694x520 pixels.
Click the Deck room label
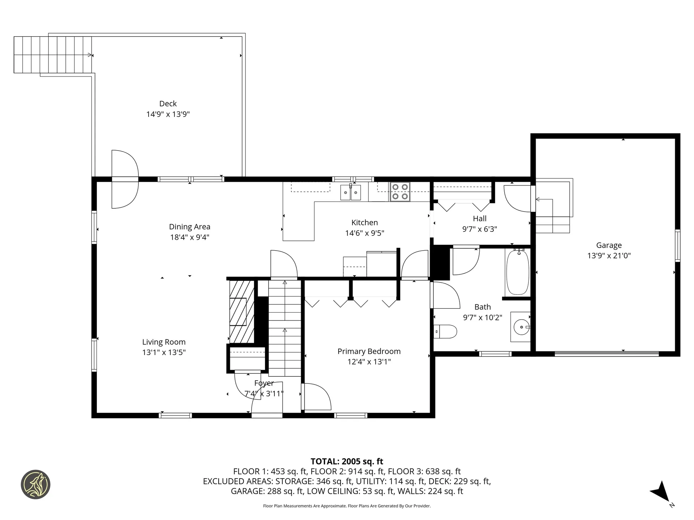point(168,104)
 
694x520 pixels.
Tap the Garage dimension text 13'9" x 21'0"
point(609,256)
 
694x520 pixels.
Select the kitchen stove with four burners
point(400,192)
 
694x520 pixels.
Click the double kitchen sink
point(351,192)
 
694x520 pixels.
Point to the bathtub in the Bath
point(518,272)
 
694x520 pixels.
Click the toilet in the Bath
point(445,331)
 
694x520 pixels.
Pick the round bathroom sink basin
point(521,327)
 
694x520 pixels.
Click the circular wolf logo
point(35,485)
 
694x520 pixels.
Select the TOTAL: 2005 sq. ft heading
point(347,461)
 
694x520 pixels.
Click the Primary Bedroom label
point(369,351)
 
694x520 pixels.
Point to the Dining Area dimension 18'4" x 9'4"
point(190,237)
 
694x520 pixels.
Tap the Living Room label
point(164,342)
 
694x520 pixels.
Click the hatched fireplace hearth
point(242,312)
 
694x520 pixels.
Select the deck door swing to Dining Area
point(125,179)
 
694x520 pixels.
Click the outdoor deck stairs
point(53,55)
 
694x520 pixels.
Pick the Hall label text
point(480,218)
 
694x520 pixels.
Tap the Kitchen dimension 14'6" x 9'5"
point(365,233)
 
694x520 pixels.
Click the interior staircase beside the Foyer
point(285,328)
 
